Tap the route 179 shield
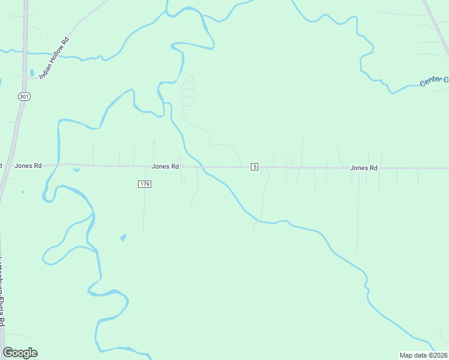(x=144, y=184)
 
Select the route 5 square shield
(x=255, y=166)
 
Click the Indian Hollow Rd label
(x=55, y=58)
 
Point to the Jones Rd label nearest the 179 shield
(x=165, y=166)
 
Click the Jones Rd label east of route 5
(x=364, y=168)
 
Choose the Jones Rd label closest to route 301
(x=28, y=166)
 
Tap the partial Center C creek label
(x=434, y=81)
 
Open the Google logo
(x=20, y=353)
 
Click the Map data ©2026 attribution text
(x=423, y=355)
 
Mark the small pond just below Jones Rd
(x=76, y=170)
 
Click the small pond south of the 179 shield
(x=124, y=237)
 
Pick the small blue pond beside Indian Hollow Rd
(x=31, y=73)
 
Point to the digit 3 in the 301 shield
(x=21, y=96)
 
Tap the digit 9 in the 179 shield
(x=148, y=184)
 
